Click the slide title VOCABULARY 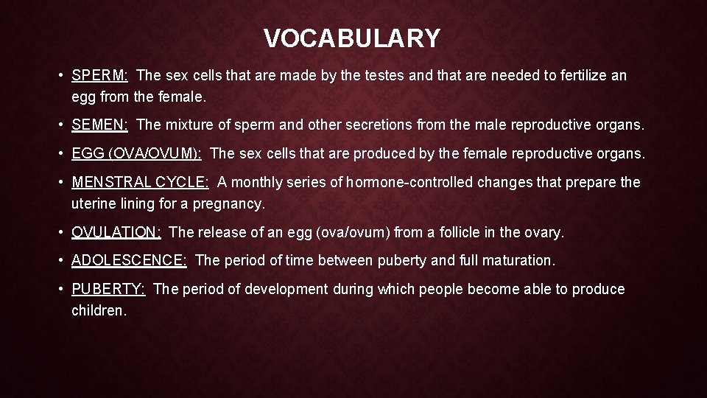coord(352,38)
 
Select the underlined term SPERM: coord(100,75)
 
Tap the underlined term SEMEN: coord(100,126)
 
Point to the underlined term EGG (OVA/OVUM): coord(136,154)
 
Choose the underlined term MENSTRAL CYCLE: coord(140,182)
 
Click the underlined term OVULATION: coord(116,232)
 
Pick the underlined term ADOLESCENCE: coord(130,260)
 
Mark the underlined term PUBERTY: coord(109,289)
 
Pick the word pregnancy coord(230,203)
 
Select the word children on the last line coord(99,310)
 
